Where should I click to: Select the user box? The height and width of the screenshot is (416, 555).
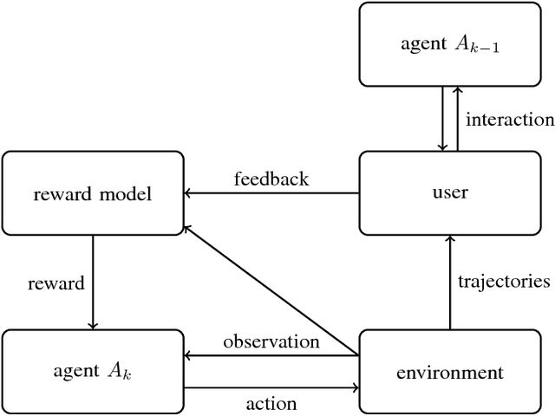(449, 192)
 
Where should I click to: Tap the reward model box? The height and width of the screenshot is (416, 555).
(93, 193)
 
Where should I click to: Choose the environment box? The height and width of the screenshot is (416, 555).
(449, 373)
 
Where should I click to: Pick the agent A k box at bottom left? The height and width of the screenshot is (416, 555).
(93, 373)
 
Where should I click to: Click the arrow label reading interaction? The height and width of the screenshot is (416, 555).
(509, 120)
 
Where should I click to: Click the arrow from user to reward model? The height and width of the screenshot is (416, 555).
(271, 193)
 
